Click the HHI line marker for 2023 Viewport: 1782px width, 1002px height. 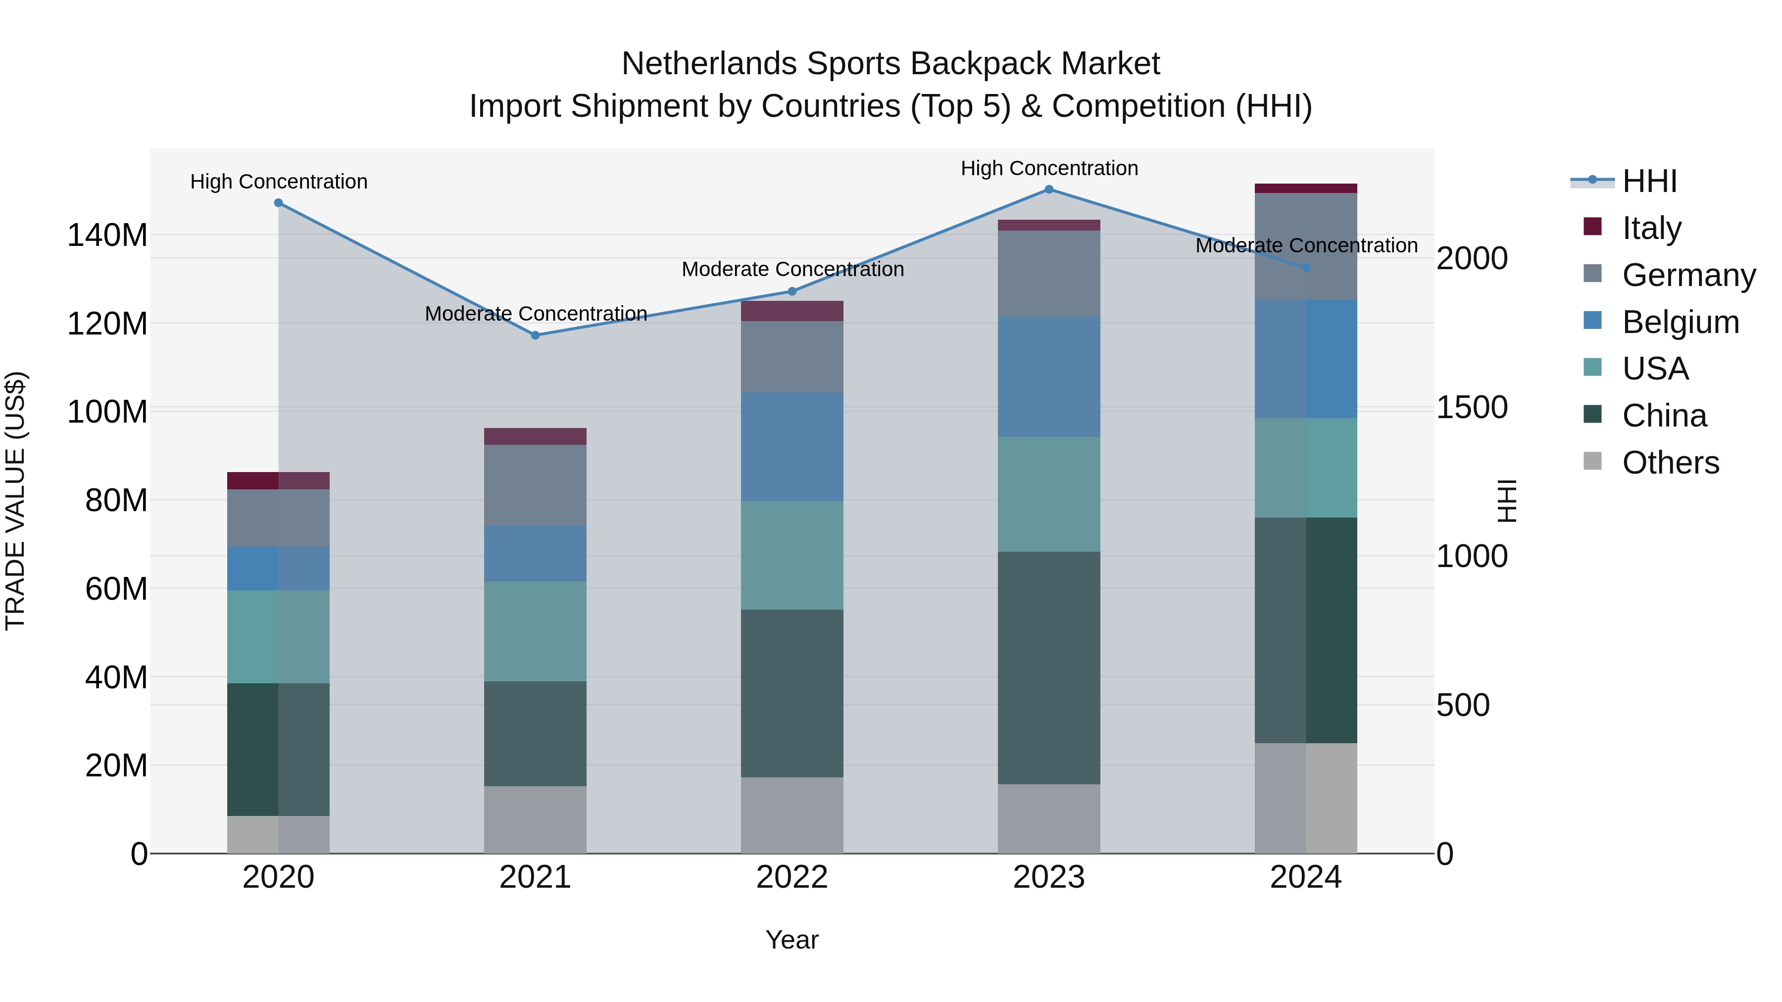[1049, 190]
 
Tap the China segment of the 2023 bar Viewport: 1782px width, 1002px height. [1049, 668]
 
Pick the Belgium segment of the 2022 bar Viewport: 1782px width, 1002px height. [792, 447]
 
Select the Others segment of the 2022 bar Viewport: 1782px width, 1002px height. [792, 815]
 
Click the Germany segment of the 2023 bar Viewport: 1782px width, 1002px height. [1049, 274]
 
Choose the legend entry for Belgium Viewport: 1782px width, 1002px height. [1680, 322]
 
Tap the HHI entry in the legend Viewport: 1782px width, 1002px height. [1648, 181]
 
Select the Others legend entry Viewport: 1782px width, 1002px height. [1670, 463]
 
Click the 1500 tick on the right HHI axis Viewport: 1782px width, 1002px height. [1472, 407]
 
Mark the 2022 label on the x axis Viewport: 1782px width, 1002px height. [792, 877]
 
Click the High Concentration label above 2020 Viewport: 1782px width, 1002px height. [279, 182]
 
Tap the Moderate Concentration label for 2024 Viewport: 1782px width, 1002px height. [1306, 245]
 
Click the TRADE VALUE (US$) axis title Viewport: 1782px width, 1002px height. [16, 501]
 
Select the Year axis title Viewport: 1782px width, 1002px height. [792, 940]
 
